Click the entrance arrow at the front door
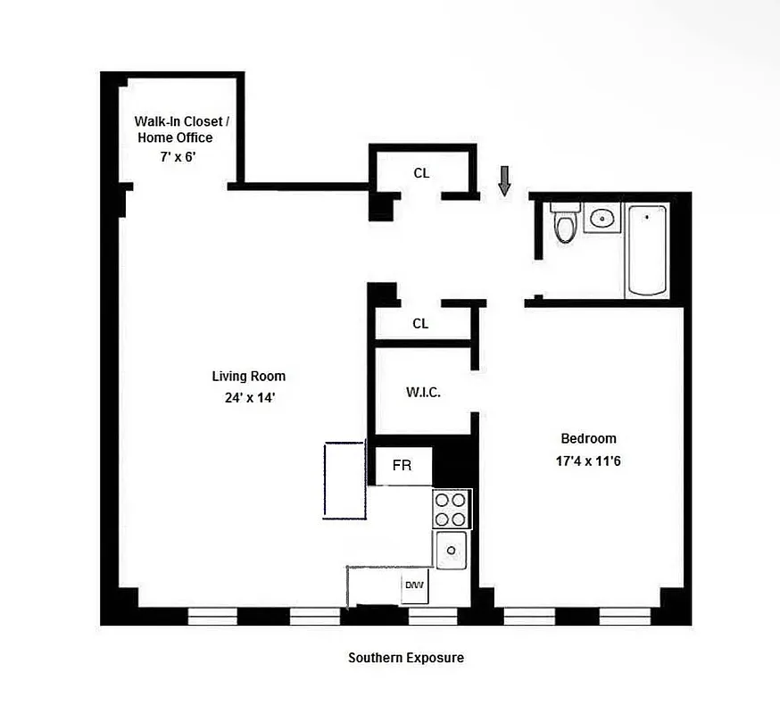point(505,180)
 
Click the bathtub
point(647,250)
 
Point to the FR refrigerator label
point(402,466)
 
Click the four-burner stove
point(452,509)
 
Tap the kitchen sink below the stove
point(452,549)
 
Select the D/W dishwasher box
point(414,585)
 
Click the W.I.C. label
point(424,393)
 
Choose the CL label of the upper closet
point(421,173)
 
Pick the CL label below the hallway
point(420,324)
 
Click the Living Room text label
point(249,377)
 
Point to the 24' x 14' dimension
point(249,398)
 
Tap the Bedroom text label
point(588,438)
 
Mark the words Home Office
point(175,137)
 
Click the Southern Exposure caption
point(405,658)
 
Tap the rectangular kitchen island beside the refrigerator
point(344,479)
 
